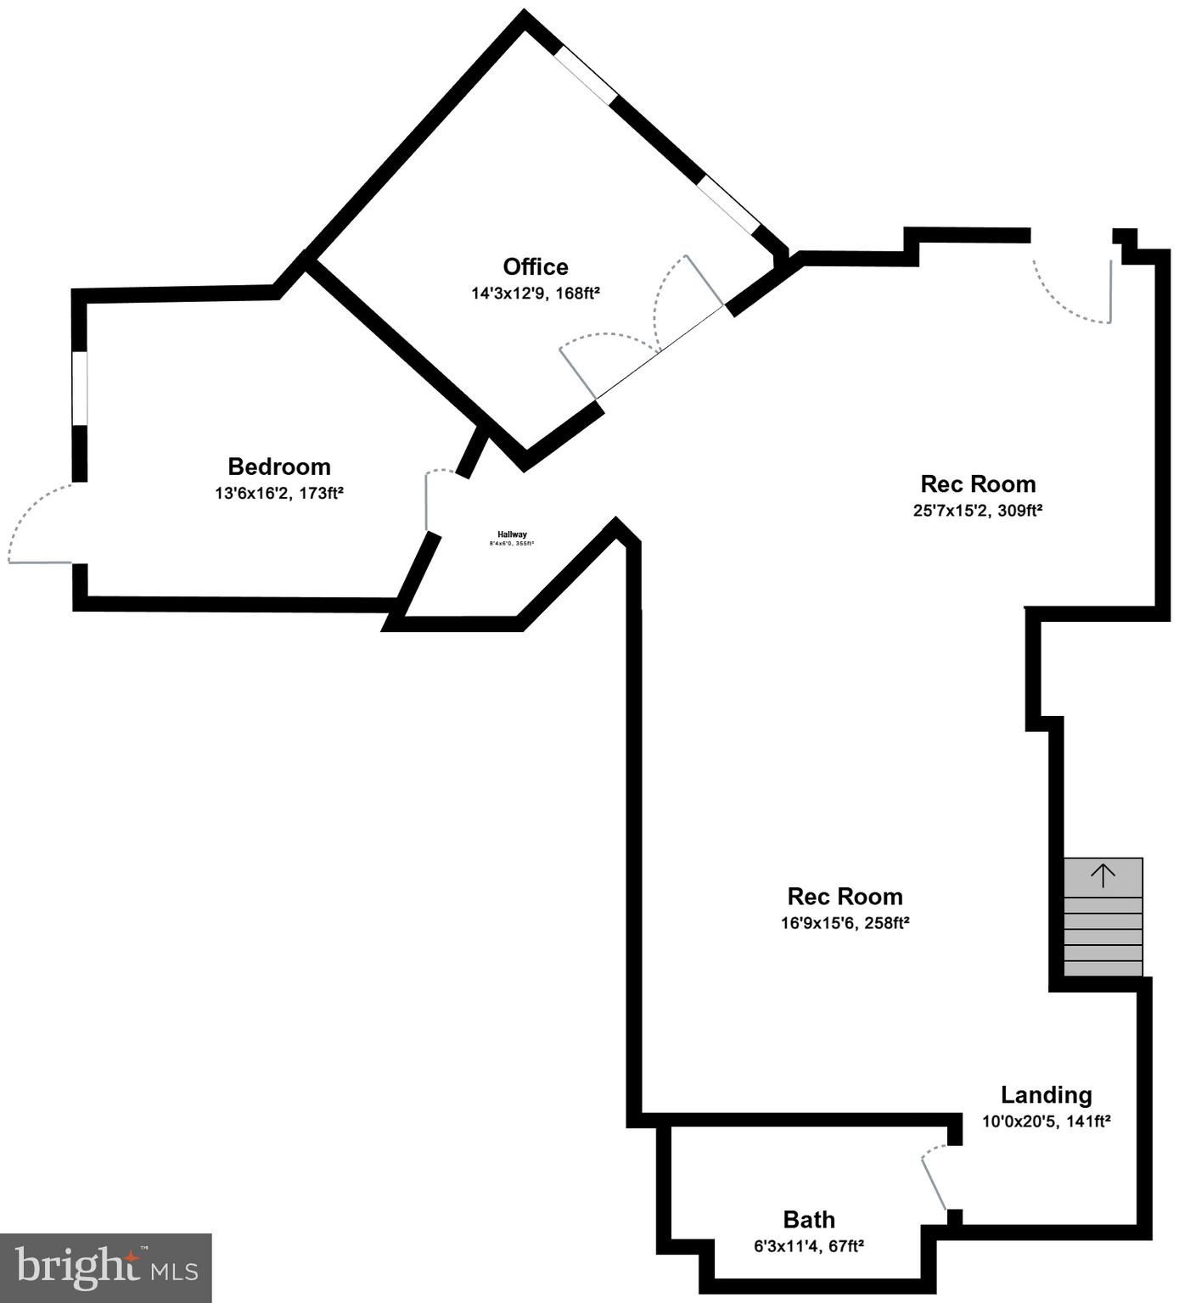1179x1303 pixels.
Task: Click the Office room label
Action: click(536, 267)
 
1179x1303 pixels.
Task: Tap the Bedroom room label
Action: click(278, 467)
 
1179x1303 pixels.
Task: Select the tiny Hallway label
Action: click(512, 534)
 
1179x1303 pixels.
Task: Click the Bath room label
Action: click(809, 1220)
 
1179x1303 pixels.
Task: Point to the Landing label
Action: click(1046, 1095)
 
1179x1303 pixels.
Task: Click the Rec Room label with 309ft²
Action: click(978, 484)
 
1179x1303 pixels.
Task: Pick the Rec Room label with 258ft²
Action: click(845, 897)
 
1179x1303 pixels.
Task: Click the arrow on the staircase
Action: click(1103, 875)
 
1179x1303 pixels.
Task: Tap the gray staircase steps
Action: click(1103, 933)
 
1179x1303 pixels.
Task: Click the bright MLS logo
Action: click(105, 1268)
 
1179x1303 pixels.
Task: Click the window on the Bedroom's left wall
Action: click(80, 388)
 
